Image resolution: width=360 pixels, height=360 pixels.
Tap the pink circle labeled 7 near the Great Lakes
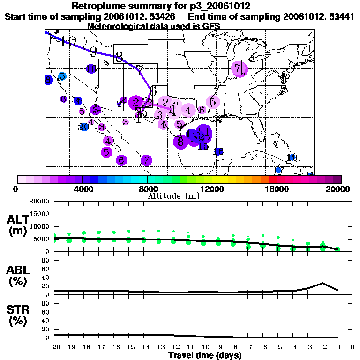[x=239, y=69]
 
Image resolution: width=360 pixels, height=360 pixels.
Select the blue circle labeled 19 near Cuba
[x=292, y=157]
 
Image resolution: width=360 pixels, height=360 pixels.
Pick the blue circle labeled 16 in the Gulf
[x=218, y=151]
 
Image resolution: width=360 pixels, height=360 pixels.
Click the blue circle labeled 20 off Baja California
[x=84, y=127]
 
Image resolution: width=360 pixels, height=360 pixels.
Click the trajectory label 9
[x=93, y=52]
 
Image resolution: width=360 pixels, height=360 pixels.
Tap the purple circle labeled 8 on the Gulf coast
[x=180, y=141]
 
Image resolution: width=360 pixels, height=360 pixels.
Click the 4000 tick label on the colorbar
[x=82, y=189]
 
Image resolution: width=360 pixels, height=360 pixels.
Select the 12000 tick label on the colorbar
[x=212, y=189]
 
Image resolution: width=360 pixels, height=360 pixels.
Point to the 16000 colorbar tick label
[x=277, y=189]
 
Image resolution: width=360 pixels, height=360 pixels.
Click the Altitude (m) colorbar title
[x=173, y=196]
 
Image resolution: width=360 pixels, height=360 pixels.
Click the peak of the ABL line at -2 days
[x=322, y=283]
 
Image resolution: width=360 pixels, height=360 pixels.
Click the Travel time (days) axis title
[x=205, y=355]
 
